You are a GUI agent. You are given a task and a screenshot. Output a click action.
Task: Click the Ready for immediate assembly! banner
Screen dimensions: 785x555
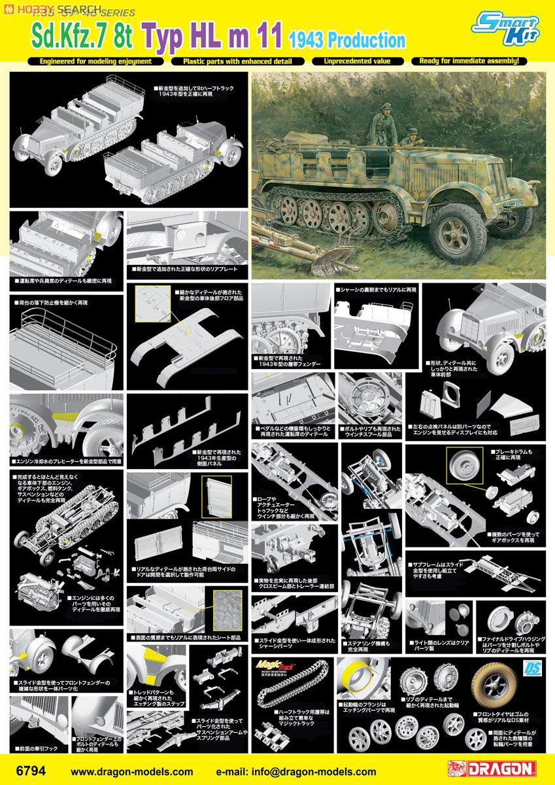pos(469,61)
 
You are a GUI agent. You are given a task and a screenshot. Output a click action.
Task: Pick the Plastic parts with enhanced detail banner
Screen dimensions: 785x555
pos(234,61)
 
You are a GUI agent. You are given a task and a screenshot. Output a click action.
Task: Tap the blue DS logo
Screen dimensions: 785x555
pos(530,668)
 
